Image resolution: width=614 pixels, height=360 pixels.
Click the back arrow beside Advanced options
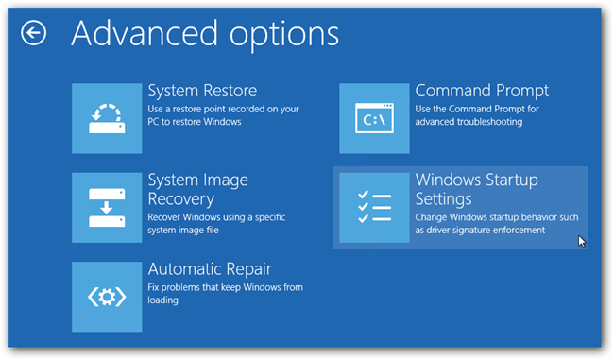[34, 34]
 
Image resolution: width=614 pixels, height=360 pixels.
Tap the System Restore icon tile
[107, 117]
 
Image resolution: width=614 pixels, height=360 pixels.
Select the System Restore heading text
[202, 92]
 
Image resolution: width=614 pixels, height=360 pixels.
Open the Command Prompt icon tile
[375, 117]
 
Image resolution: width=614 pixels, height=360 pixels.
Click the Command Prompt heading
[482, 92]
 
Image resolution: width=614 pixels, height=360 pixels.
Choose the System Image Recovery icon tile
[107, 207]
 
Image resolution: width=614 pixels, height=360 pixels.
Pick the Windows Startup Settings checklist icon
[375, 207]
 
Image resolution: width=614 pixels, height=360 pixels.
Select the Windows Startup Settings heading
[477, 189]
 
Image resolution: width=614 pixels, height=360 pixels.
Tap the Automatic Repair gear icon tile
[107, 297]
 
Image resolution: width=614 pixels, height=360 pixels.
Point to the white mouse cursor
[581, 241]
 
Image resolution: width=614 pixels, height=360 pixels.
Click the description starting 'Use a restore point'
[222, 109]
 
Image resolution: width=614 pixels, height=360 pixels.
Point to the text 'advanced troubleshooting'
[469, 122]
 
